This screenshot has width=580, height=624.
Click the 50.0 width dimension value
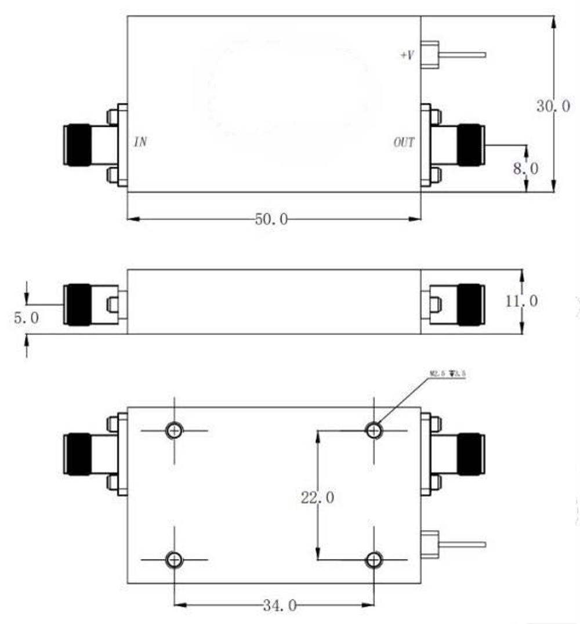pyautogui.click(x=271, y=219)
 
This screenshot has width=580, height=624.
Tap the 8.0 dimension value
pyautogui.click(x=526, y=169)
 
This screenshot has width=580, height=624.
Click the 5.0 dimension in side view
pyautogui.click(x=27, y=319)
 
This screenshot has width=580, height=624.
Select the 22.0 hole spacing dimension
pyautogui.click(x=317, y=498)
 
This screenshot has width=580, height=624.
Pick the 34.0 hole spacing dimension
pyautogui.click(x=275, y=606)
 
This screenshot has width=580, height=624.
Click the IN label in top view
pyautogui.click(x=140, y=142)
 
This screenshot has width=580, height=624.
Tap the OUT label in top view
pyautogui.click(x=404, y=142)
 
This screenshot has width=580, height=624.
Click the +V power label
pyautogui.click(x=407, y=55)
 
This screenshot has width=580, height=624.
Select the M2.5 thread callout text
pyautogui.click(x=447, y=374)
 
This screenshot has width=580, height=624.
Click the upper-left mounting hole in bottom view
pyautogui.click(x=174, y=430)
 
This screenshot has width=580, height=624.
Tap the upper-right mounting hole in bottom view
pyautogui.click(x=374, y=430)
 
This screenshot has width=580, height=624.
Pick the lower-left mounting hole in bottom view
pyautogui.click(x=174, y=560)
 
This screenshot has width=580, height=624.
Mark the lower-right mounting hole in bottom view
pyautogui.click(x=374, y=560)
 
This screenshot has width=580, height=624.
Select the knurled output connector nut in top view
pyautogui.click(x=472, y=145)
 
